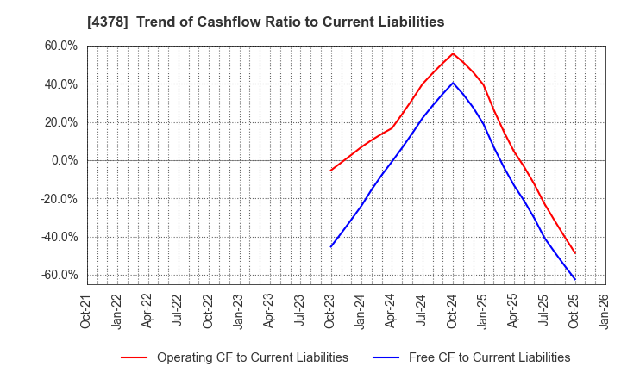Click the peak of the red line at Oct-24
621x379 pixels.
coord(453,53)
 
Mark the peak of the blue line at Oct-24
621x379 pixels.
coord(453,83)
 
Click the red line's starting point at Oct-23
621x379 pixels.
coord(330,171)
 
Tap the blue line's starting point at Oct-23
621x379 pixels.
coord(330,247)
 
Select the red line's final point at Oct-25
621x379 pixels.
coord(575,253)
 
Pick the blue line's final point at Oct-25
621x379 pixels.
coord(575,279)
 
